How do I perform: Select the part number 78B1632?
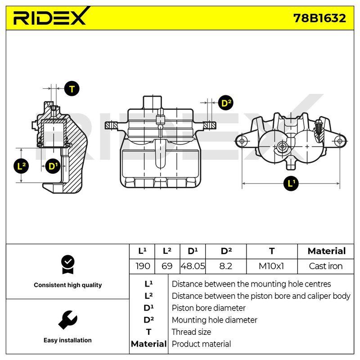(x=319, y=18)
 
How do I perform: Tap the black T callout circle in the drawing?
(x=72, y=89)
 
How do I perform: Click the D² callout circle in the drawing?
(x=226, y=103)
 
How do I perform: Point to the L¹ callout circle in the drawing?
(x=291, y=184)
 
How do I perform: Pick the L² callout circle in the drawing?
(x=21, y=166)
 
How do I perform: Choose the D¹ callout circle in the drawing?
(x=53, y=166)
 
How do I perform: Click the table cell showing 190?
(x=143, y=266)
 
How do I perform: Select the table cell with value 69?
(x=167, y=266)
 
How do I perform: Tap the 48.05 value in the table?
(x=193, y=266)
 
